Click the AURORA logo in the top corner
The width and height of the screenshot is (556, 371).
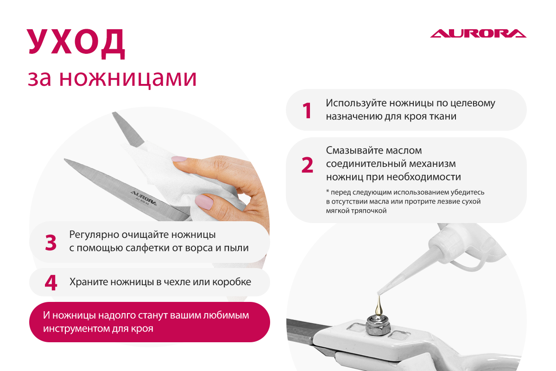pyautogui.click(x=478, y=33)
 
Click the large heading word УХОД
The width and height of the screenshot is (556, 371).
pyautogui.click(x=76, y=43)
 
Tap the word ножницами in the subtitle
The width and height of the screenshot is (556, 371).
pyautogui.click(x=128, y=79)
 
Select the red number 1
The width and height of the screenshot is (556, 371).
pyautogui.click(x=307, y=110)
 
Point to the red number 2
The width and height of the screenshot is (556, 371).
pyautogui.click(x=307, y=165)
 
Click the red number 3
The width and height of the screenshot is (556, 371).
pyautogui.click(x=51, y=242)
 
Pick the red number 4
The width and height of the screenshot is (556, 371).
pyautogui.click(x=51, y=282)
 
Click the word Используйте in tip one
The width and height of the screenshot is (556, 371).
pyautogui.click(x=356, y=103)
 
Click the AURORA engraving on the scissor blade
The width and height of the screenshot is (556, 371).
pyautogui.click(x=144, y=198)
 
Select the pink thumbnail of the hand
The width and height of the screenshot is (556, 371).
pyautogui.click(x=204, y=202)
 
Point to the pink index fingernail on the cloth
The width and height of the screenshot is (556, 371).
pyautogui.click(x=179, y=159)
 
